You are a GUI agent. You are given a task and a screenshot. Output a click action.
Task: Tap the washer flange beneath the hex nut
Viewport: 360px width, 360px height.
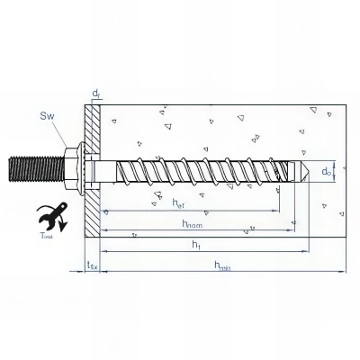[80, 166]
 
